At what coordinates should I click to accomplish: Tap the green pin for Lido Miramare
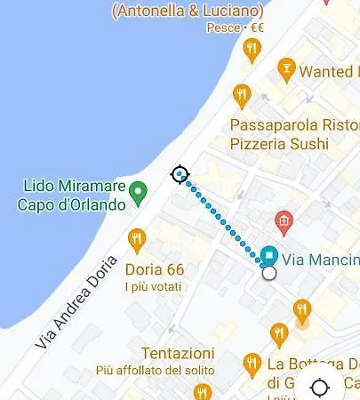pos(138,191)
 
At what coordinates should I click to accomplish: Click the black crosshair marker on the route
pos(180,174)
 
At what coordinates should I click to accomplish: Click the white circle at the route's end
pos(269,274)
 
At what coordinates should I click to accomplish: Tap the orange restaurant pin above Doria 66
pos(136,238)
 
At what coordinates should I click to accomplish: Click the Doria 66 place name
pos(155,269)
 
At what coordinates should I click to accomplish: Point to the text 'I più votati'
pos(153,287)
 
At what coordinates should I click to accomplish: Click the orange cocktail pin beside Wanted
pos(285,68)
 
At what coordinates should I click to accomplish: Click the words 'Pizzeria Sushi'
pos(279,142)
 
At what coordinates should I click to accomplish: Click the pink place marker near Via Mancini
pos(284,221)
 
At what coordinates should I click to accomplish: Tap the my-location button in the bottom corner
pos(320,388)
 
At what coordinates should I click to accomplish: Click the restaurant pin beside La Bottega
pos(252,364)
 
